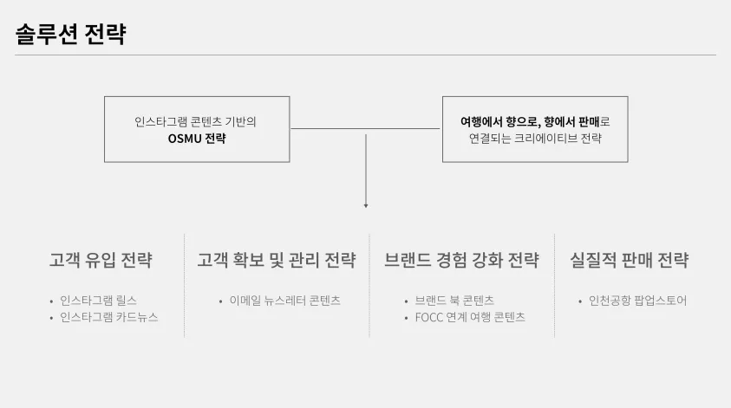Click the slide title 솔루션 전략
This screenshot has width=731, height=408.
coord(71,35)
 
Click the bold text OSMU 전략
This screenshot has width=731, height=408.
coord(197,138)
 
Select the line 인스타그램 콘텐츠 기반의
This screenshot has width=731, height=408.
coord(196,121)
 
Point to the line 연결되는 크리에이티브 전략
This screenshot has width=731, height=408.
coord(535,138)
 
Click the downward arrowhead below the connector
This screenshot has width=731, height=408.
coord(366,204)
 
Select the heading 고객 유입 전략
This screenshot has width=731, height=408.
coord(101,260)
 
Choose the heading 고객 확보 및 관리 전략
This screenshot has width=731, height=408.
coord(277,260)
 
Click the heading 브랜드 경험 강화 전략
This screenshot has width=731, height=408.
coord(461,260)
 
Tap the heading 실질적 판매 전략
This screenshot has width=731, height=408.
coord(630,260)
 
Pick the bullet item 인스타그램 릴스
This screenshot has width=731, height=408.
coord(98,301)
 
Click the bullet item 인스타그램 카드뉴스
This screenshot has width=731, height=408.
coord(109,317)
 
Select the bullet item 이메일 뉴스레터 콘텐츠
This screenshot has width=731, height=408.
coord(284,301)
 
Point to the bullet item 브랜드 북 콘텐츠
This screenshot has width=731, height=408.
coord(454,301)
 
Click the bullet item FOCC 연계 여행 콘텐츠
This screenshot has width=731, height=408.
coord(470,317)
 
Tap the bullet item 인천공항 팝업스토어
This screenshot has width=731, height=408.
coord(637,301)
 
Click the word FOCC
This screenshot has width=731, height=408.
coord(429,317)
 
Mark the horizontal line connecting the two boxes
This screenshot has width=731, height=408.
coord(366,129)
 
